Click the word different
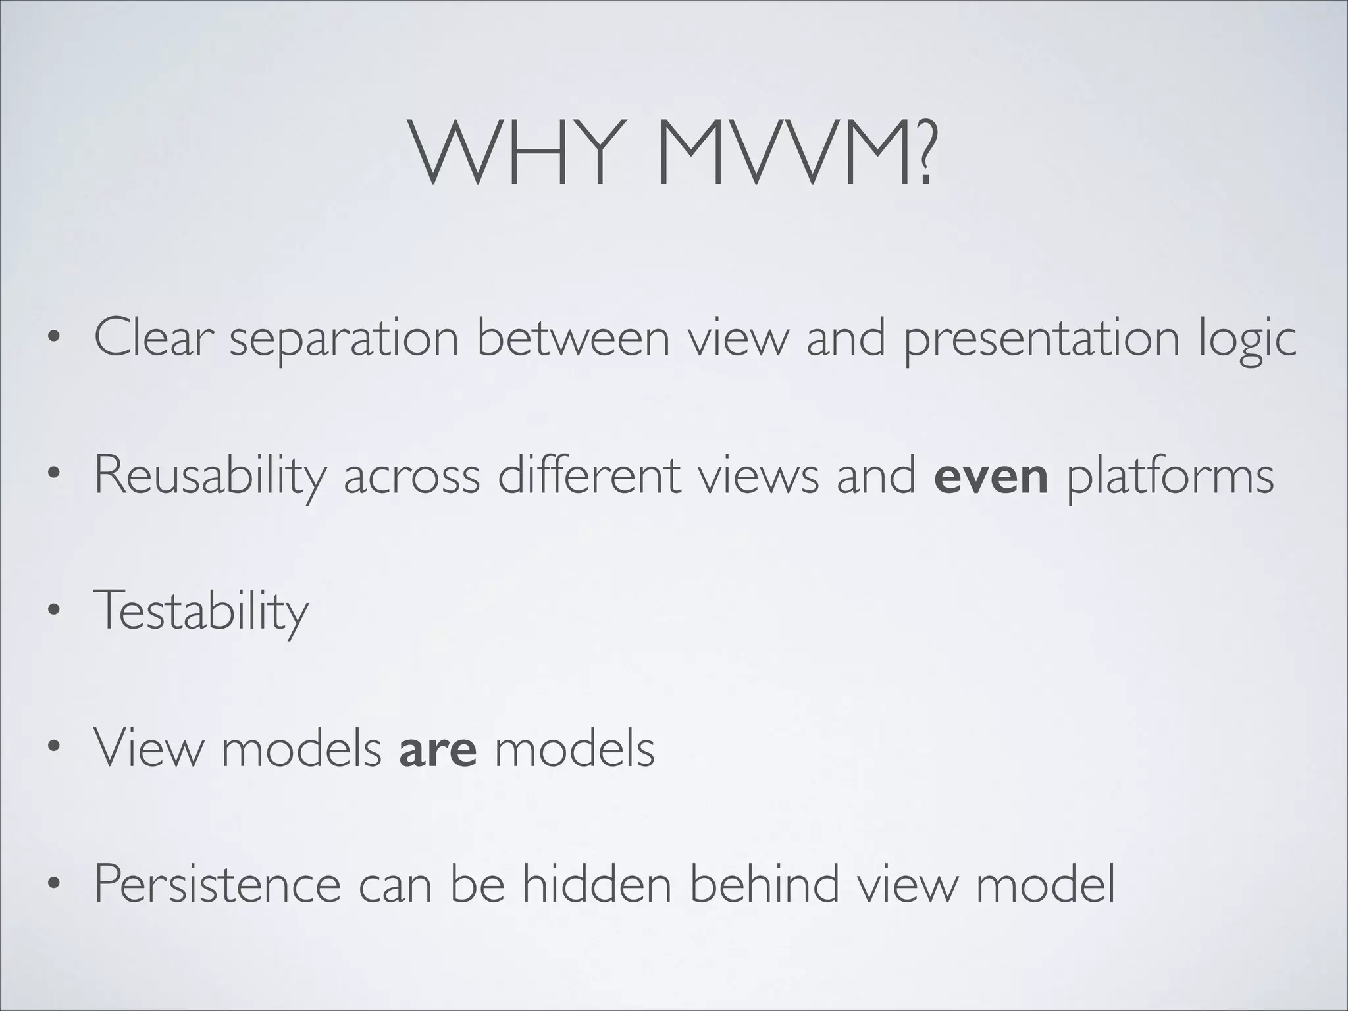(x=588, y=475)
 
